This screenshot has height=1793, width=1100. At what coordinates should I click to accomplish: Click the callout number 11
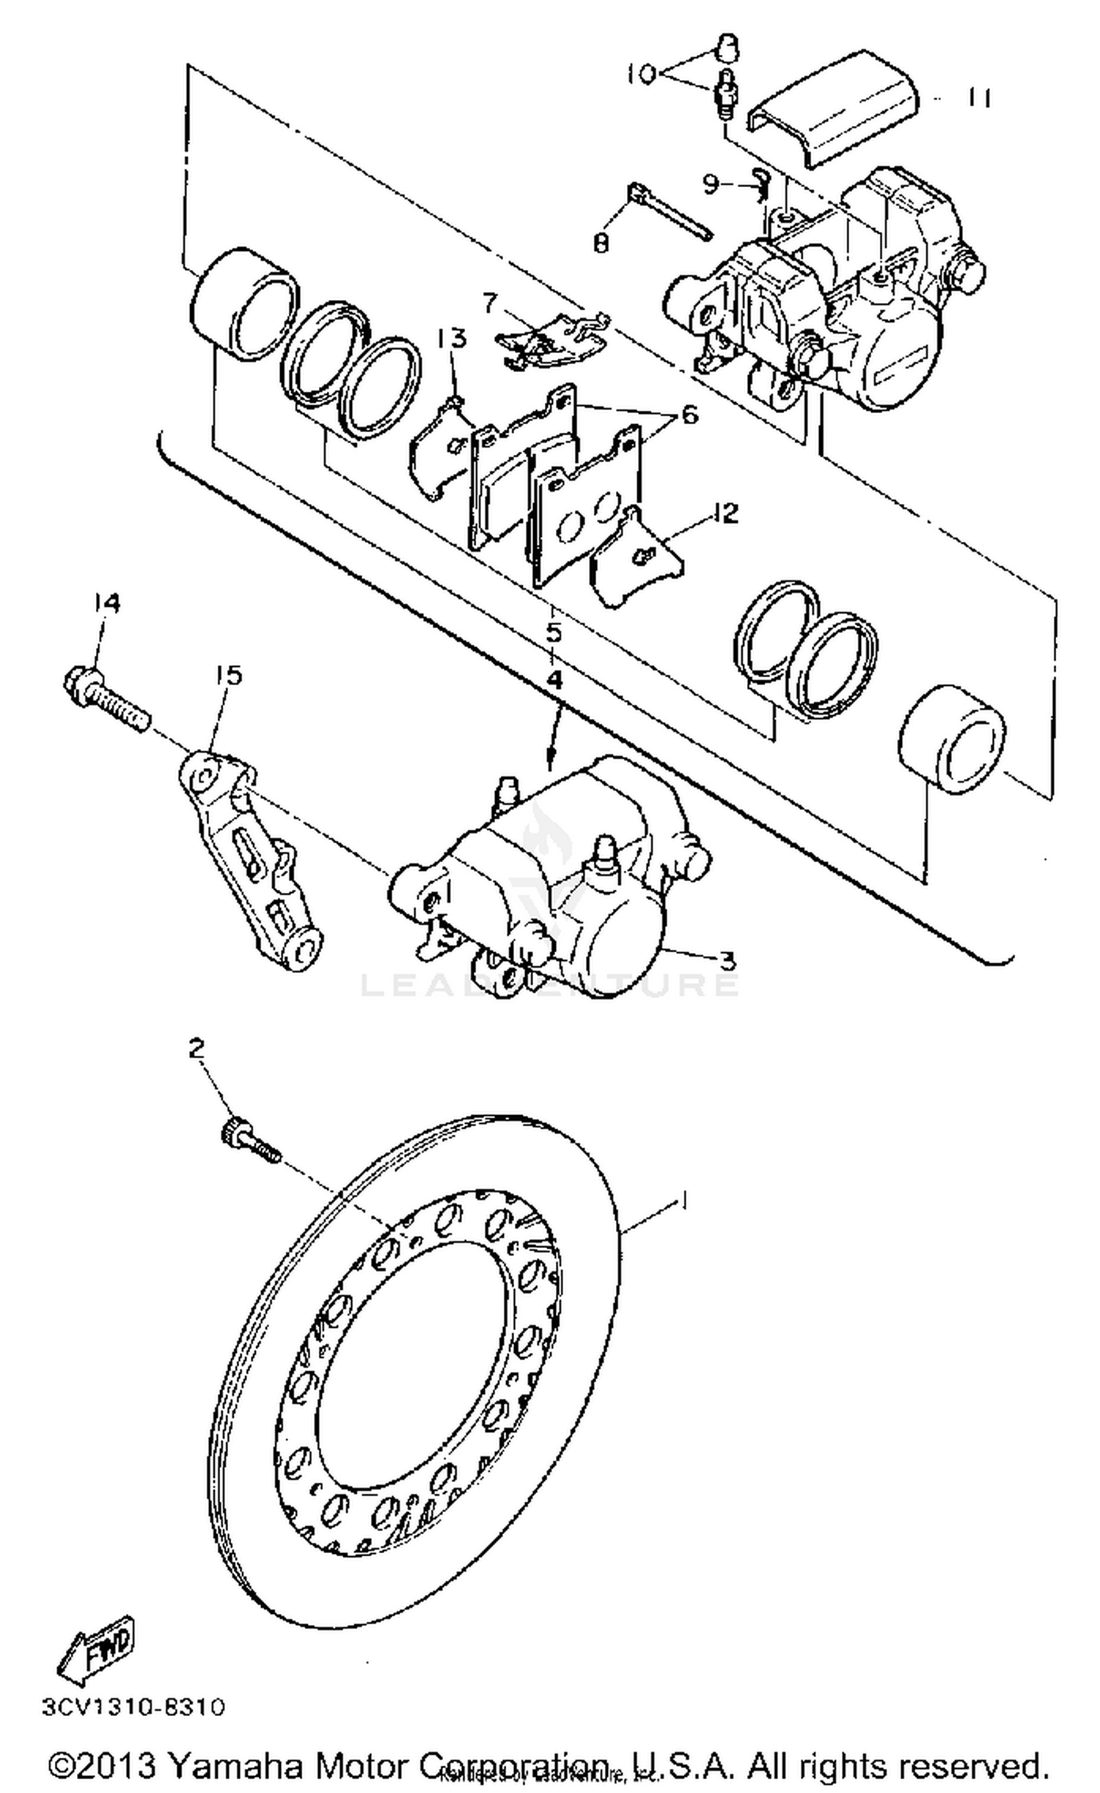click(978, 98)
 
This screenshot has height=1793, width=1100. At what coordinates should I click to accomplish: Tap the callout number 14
click(106, 602)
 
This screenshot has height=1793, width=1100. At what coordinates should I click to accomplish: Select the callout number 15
click(228, 674)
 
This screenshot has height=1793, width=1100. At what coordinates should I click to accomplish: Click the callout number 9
click(710, 184)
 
